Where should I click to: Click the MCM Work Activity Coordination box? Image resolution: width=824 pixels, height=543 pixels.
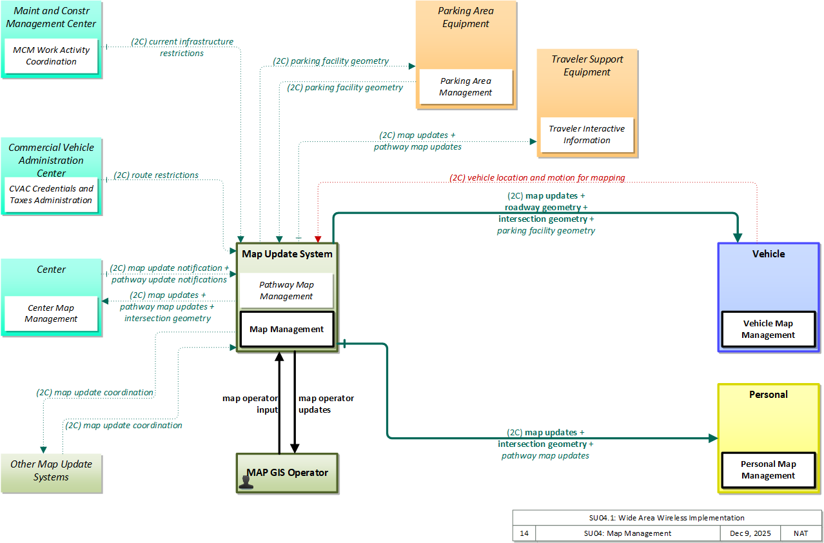(x=51, y=56)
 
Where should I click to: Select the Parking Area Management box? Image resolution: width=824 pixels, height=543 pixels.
(x=466, y=86)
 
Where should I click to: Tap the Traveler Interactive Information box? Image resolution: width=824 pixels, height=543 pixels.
(x=587, y=135)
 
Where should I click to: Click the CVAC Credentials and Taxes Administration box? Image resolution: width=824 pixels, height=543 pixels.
(x=51, y=195)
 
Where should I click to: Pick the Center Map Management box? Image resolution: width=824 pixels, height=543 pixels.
(x=51, y=313)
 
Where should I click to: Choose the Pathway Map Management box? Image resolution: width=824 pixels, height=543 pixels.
(x=286, y=290)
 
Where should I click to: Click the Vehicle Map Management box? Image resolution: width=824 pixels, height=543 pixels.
(x=768, y=330)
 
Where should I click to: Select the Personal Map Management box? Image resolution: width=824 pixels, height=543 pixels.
(x=768, y=470)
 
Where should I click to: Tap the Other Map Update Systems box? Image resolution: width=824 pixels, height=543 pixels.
(x=51, y=473)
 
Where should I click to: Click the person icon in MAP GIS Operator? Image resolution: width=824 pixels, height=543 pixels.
(x=246, y=482)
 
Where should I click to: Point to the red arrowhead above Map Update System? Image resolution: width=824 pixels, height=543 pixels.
(x=319, y=239)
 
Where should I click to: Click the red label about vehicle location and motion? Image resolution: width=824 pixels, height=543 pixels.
(x=537, y=178)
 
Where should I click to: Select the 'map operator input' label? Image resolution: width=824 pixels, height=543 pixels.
(x=250, y=404)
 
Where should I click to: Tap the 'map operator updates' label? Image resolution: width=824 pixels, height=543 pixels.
(x=326, y=404)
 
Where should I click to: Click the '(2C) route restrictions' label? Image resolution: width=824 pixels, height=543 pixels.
(x=156, y=175)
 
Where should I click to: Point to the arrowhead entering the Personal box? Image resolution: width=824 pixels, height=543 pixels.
(x=713, y=438)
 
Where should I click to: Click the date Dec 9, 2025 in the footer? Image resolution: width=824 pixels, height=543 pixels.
(x=750, y=533)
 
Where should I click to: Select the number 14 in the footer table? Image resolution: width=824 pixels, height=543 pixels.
(x=524, y=533)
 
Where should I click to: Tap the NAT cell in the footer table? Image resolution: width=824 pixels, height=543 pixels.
(x=801, y=533)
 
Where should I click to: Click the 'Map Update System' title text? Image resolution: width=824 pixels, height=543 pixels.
(x=287, y=254)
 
